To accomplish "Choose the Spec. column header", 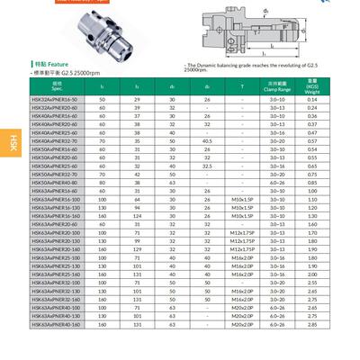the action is pos(56,86).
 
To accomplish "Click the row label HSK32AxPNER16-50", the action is pos(56,98).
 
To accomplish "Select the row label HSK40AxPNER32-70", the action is pos(56,141).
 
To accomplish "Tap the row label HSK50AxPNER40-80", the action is pos(56,184).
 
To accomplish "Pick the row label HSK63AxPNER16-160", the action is pos(56,216).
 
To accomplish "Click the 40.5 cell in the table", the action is pos(208,141).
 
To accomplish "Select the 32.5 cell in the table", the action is pos(208,166).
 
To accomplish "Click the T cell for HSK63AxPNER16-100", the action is pos(242,200).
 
